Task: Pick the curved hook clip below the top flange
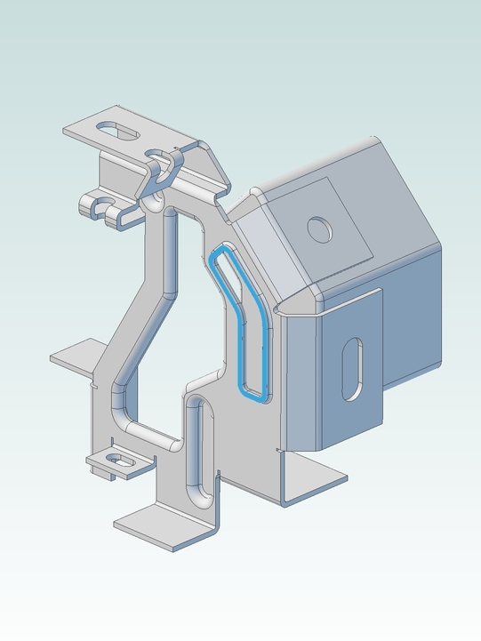click(x=165, y=169)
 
